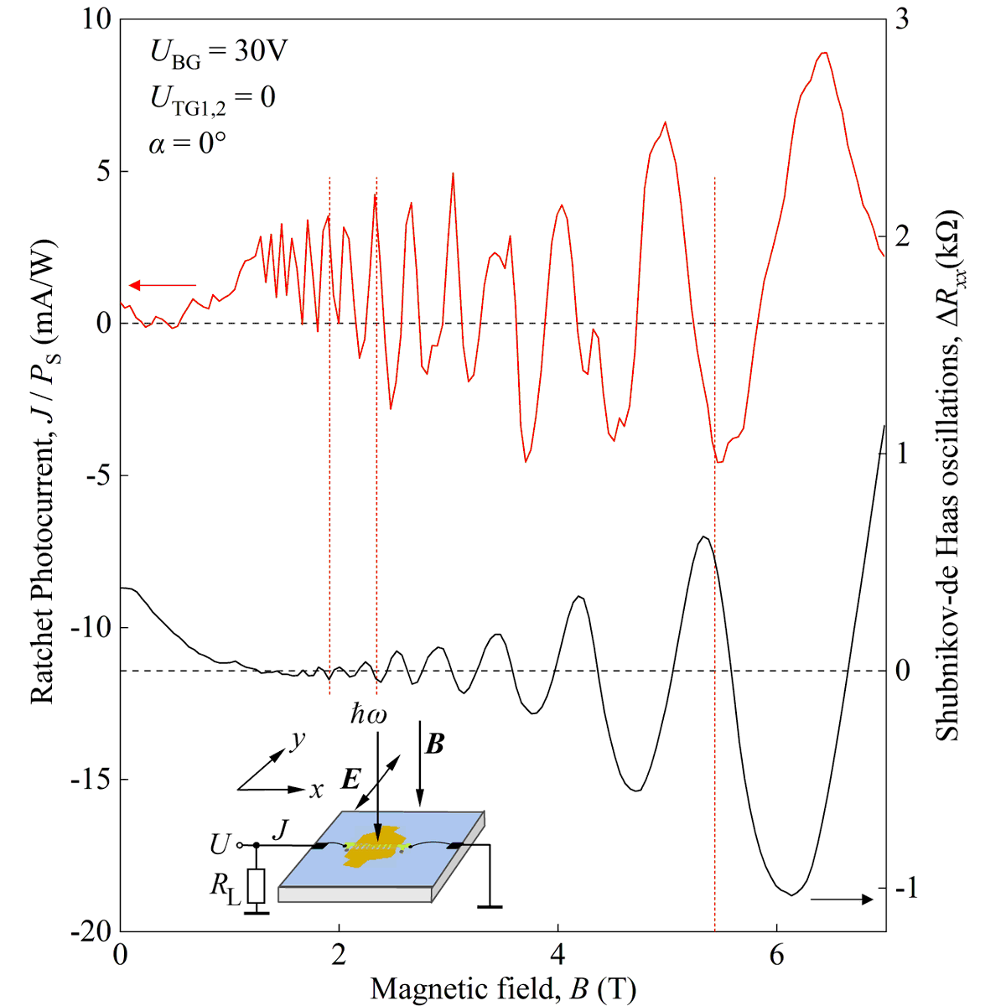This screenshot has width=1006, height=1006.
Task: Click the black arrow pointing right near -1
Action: [x=843, y=900]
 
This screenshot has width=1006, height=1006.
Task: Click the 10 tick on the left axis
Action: [x=96, y=20]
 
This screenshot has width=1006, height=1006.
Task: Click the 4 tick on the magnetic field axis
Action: [x=557, y=955]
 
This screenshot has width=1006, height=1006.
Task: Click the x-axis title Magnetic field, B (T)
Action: [x=503, y=988]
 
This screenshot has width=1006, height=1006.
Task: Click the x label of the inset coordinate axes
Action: [x=316, y=791]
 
